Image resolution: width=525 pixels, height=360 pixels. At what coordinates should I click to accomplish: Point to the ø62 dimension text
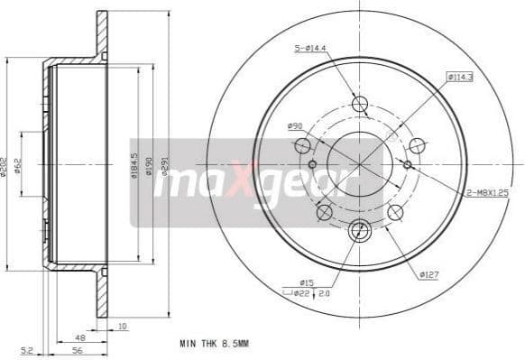(x=17, y=166)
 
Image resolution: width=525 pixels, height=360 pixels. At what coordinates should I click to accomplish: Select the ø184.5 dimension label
(x=134, y=166)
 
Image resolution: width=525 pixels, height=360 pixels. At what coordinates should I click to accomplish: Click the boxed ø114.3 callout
(x=461, y=77)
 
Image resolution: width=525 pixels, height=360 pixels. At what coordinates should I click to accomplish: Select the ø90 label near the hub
(x=295, y=125)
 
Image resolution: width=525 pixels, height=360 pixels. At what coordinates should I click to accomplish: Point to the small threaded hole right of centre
(x=408, y=164)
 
